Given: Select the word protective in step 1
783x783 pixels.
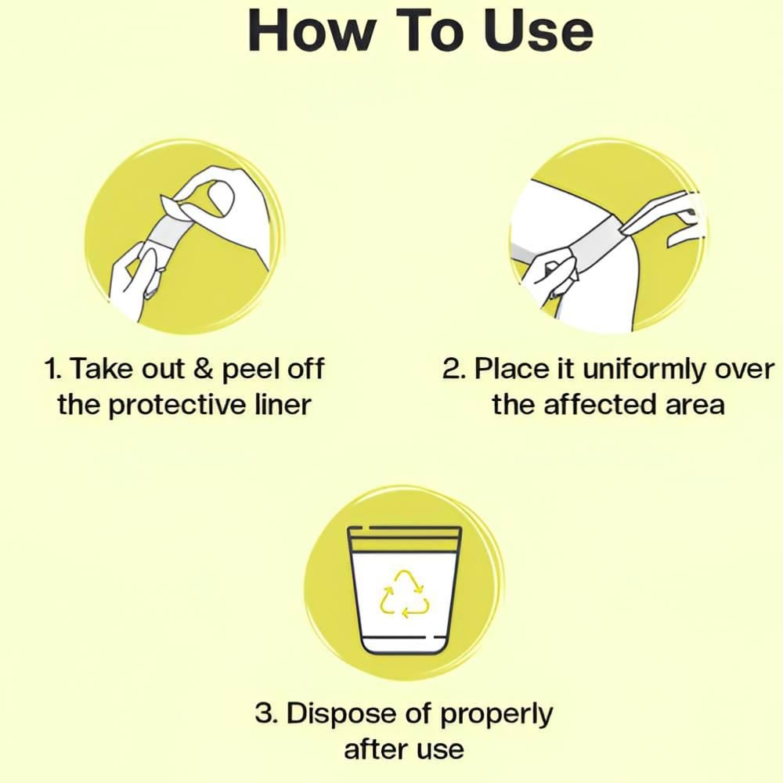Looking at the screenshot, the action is point(177,405).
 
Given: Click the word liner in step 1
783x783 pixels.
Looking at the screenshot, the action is point(283,404).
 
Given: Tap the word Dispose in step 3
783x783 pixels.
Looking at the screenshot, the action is point(341,713).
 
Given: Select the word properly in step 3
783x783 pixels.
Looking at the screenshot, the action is point(496,715).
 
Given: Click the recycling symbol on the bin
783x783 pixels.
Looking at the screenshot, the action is point(405,595).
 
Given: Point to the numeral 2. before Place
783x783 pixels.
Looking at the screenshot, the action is point(454,369).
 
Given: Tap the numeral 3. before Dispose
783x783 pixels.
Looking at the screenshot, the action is point(267,713).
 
